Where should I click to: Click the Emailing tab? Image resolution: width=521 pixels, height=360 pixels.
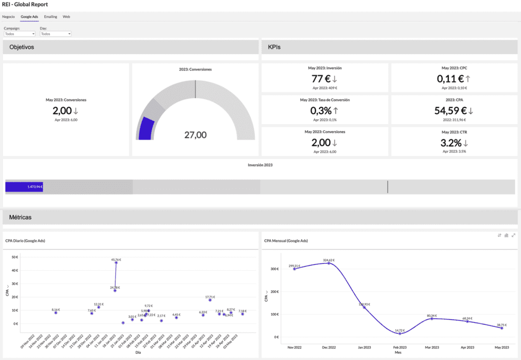pos(50,17)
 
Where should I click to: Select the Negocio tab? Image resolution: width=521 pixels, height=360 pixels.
pos(9,17)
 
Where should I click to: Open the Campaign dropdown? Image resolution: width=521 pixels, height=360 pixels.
pos(19,34)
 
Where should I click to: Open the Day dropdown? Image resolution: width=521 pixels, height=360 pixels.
pos(55,34)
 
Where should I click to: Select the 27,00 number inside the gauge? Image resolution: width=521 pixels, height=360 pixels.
pos(195,135)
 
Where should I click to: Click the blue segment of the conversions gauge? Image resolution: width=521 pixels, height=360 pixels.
pos(146,129)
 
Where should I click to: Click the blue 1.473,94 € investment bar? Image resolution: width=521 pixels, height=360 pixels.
pos(24,187)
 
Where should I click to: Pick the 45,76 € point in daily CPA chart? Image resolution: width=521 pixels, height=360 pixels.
pos(117,263)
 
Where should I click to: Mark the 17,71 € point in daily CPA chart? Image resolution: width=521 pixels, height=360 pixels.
pos(210,300)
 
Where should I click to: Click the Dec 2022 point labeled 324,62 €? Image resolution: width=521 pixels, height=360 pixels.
pos(329,263)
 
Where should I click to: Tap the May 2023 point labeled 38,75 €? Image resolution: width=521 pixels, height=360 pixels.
pos(502,328)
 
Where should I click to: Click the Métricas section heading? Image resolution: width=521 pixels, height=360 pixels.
pos(20,217)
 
